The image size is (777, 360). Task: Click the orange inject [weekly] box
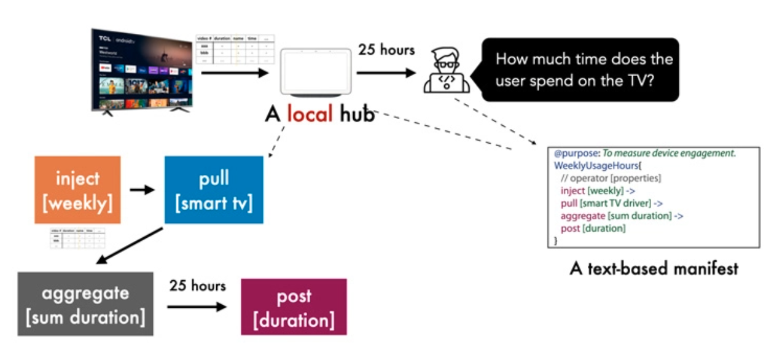[x=77, y=190]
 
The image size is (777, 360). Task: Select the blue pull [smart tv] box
[x=214, y=190]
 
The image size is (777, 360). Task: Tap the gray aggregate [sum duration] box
[x=85, y=304]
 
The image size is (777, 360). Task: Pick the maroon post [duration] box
[x=294, y=307]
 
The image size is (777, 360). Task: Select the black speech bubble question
[x=580, y=69]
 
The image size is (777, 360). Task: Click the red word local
[x=310, y=114]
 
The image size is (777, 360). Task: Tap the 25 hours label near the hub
[x=386, y=50]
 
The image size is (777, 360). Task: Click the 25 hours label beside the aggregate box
[x=197, y=286]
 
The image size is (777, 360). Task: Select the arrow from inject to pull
[x=142, y=190]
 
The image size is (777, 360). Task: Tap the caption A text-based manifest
[x=654, y=268]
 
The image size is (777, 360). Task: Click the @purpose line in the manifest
[x=644, y=154]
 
